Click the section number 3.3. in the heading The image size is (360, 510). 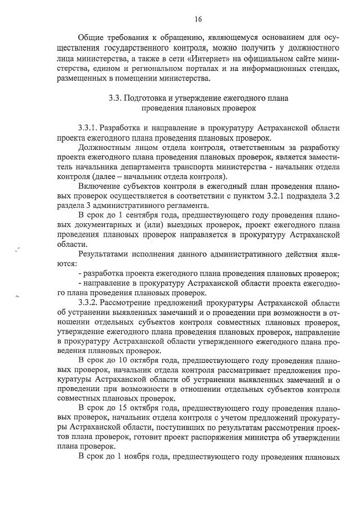click(x=115, y=97)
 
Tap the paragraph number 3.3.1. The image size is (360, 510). click(x=90, y=128)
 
